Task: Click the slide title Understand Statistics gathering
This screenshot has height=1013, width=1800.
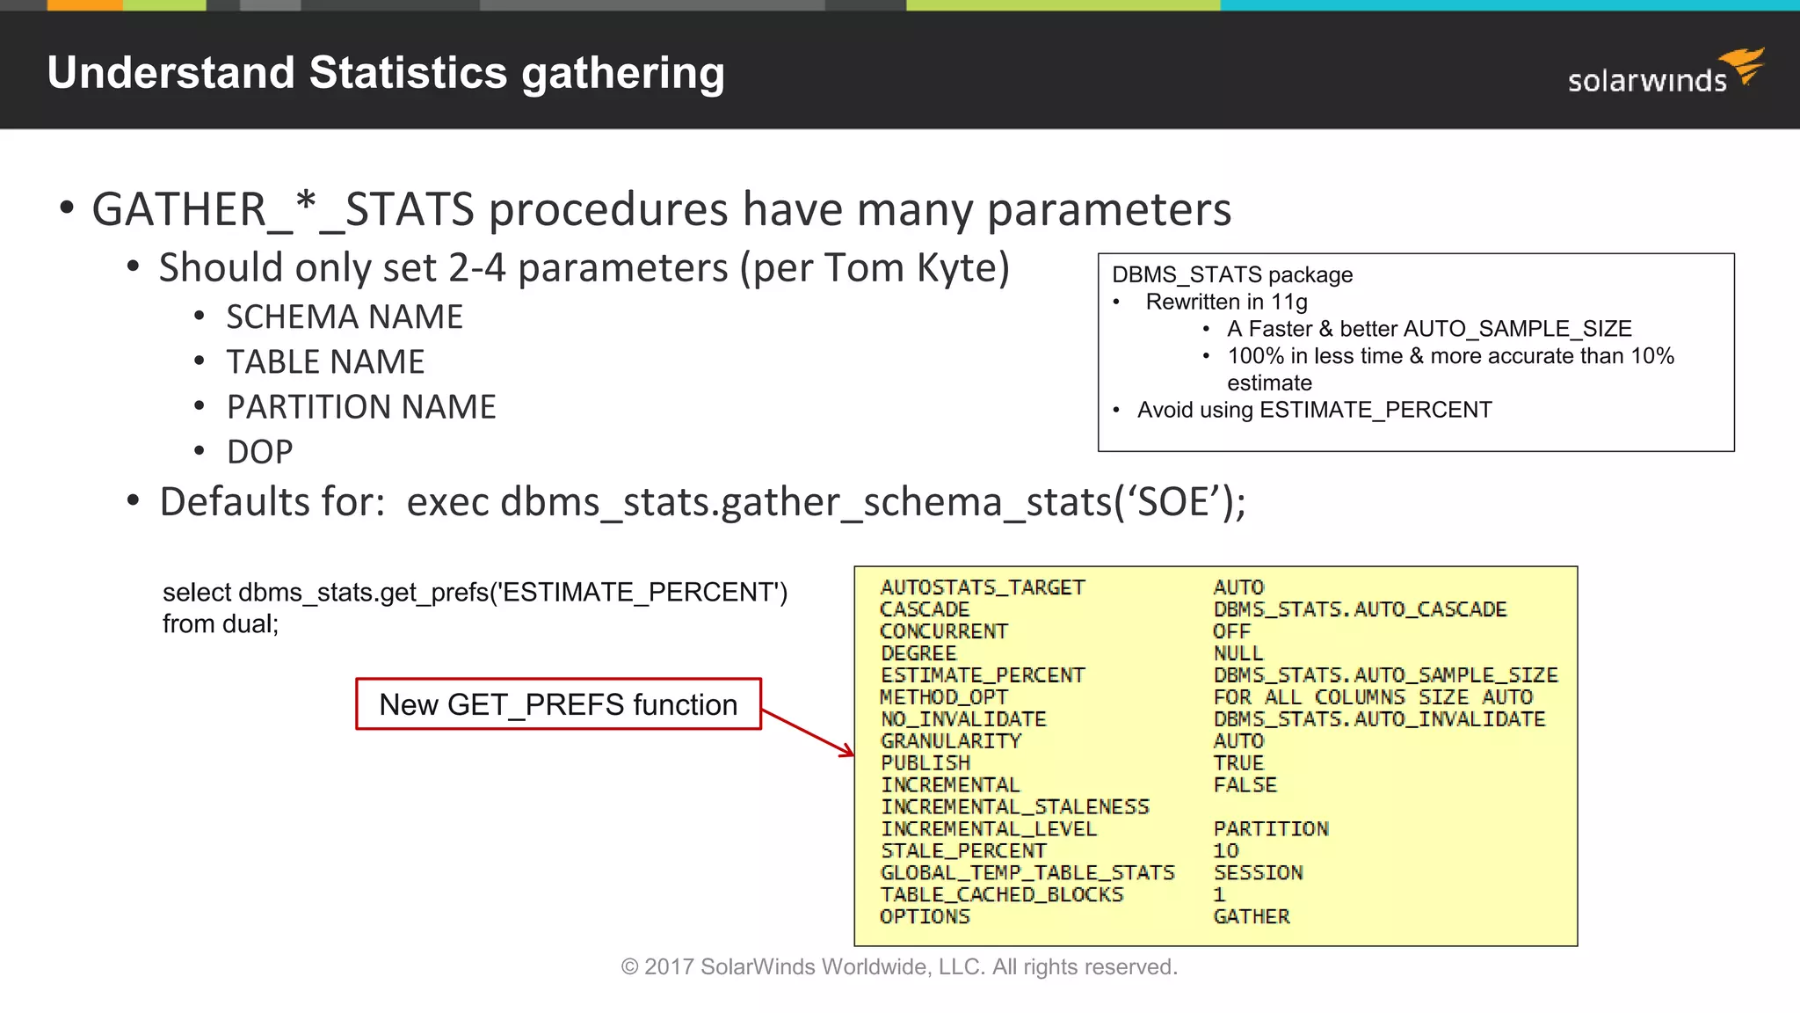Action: [x=386, y=73]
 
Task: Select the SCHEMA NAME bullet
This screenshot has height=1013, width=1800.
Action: [x=345, y=317]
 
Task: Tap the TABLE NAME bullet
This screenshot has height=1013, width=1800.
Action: [x=325, y=361]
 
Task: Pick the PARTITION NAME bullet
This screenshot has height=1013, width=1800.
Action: [x=361, y=406]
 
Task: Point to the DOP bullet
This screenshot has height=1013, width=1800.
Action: [x=259, y=451]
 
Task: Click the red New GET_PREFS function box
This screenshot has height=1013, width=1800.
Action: [x=558, y=704]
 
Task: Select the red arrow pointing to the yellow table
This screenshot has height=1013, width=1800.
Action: [x=807, y=732]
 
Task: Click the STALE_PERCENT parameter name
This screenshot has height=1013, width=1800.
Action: [x=963, y=850]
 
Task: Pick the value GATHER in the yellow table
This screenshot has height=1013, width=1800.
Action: [x=1252, y=916]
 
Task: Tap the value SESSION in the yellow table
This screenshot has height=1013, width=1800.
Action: [x=1258, y=872]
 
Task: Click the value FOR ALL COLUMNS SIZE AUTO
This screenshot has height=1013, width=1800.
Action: [x=1373, y=697]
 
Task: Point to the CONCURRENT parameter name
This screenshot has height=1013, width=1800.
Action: [x=944, y=631]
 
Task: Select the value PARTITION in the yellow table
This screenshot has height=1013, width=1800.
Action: [x=1271, y=828]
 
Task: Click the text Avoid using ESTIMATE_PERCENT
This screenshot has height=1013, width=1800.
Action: [x=1314, y=410]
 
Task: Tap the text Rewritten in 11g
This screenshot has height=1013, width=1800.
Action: [x=1226, y=302]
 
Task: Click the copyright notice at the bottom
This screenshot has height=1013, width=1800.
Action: [x=898, y=966]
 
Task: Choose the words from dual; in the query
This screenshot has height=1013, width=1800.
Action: [x=221, y=624]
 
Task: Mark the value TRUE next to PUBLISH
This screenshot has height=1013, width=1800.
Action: [x=1238, y=762]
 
